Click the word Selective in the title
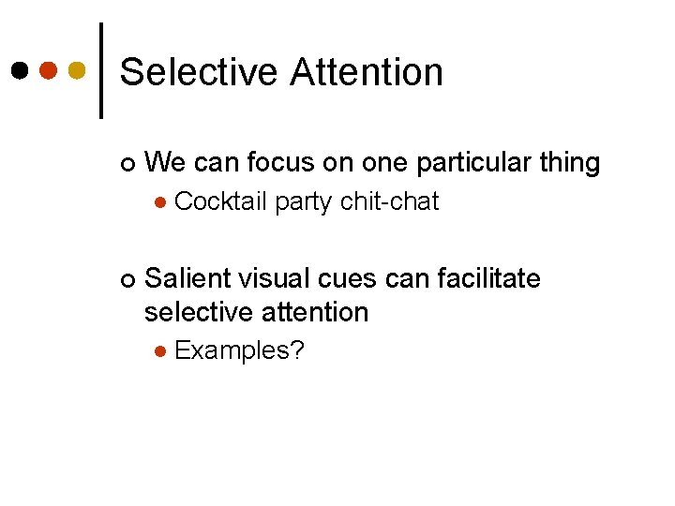tap(199, 72)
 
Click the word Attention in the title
tap(367, 72)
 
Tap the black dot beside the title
tap(20, 70)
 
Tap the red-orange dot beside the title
tap(49, 70)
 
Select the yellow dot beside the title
tap(78, 70)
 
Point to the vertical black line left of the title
tap(100, 70)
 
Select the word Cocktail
tap(221, 201)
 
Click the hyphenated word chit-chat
tap(390, 201)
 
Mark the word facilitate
tap(487, 278)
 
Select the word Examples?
tap(239, 351)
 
